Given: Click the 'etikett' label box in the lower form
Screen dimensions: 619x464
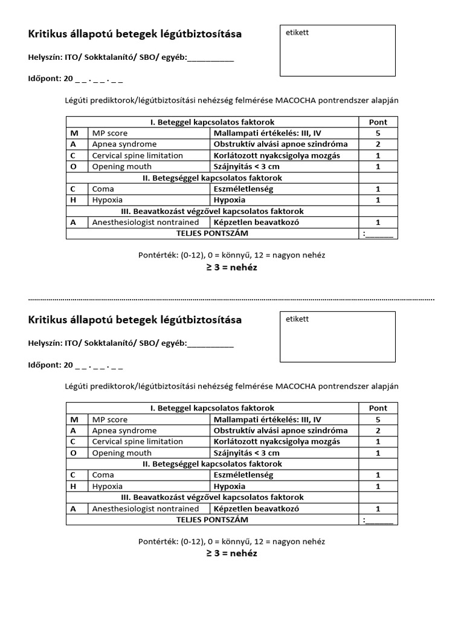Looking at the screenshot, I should click(x=338, y=337).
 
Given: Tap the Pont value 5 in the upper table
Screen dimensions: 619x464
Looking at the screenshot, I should click(x=378, y=133).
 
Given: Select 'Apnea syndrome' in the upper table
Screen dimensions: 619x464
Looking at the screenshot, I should click(x=124, y=144).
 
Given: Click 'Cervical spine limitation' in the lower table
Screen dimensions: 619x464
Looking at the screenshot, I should click(x=137, y=442).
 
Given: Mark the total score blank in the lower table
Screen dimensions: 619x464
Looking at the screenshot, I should click(x=379, y=520).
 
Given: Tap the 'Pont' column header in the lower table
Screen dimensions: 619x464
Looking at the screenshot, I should click(x=378, y=408).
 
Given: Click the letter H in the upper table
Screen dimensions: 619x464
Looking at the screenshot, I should click(x=73, y=200).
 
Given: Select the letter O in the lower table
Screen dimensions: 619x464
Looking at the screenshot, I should click(x=73, y=453).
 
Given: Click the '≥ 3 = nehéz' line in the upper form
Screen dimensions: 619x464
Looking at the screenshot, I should click(x=231, y=267).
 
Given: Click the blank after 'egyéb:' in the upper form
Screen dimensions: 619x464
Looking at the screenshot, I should click(x=210, y=58).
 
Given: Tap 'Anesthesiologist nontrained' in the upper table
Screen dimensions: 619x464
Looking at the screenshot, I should click(x=145, y=222).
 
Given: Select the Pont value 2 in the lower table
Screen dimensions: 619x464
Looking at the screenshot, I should click(x=378, y=431).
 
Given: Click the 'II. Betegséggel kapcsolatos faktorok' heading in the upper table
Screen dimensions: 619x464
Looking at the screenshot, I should click(x=212, y=178).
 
